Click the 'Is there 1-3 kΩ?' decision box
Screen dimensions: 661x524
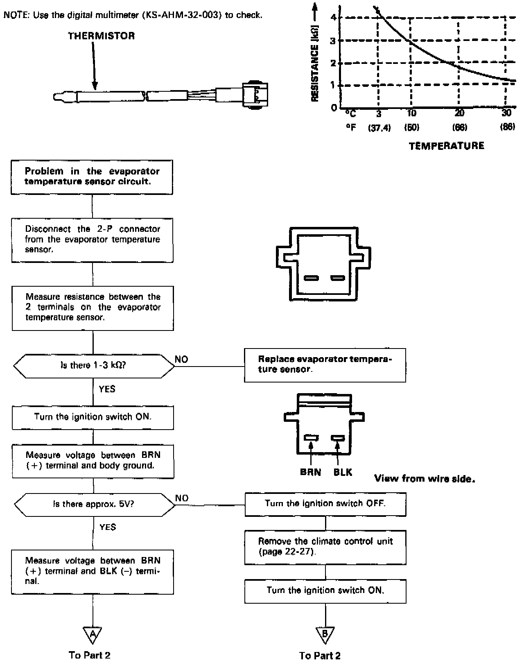coord(93,365)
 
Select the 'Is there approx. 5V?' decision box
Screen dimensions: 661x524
coord(94,504)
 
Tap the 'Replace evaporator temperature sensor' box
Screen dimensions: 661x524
coord(325,364)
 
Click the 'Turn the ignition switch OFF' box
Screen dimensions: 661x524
coord(325,504)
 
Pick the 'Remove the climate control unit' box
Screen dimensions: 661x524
coord(325,547)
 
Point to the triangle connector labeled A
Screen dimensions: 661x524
coord(93,634)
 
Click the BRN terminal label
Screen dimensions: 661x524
coord(310,472)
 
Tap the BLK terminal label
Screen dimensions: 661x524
coord(343,472)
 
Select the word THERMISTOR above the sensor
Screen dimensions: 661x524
coord(101,36)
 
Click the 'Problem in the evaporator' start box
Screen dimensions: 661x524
coord(92,177)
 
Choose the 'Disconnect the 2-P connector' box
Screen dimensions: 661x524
coord(92,240)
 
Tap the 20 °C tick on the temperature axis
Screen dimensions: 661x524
coord(459,113)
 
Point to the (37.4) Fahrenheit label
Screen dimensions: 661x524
coord(379,128)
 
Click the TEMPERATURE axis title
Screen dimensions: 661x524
coord(446,146)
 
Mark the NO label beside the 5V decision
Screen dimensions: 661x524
coord(182,498)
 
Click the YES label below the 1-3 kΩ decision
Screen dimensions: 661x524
coord(107,389)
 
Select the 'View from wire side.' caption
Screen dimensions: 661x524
coord(425,479)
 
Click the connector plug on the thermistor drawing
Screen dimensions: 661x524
coord(255,94)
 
